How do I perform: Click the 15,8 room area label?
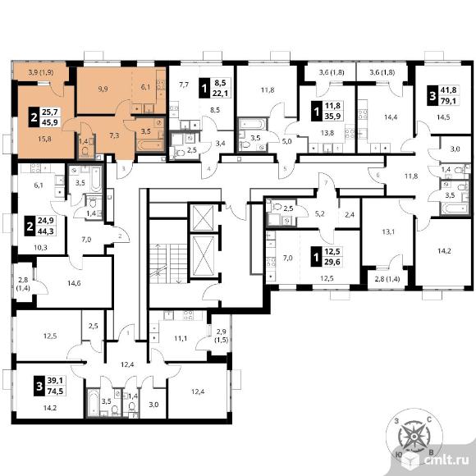coord(44,139)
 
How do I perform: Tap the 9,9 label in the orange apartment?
coord(103,89)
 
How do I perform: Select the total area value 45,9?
coord(50,122)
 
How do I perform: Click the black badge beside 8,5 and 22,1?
coord(204,88)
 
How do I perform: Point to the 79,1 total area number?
coord(448,101)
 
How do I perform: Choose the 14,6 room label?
coord(74,283)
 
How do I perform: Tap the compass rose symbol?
coord(414,436)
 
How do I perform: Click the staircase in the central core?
coord(168,263)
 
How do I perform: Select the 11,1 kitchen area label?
coord(181,338)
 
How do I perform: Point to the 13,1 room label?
coord(388,232)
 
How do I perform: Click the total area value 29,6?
coord(332,262)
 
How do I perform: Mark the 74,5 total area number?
coord(55,391)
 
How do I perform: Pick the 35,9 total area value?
coord(332,116)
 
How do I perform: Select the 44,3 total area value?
coord(45,231)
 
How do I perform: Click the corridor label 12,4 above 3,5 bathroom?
coord(127,364)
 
